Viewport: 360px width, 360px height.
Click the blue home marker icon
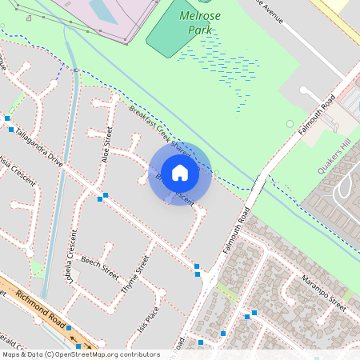coord(180,173)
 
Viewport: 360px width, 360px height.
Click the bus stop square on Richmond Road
coord(69,328)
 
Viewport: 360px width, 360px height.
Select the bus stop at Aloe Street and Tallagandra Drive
coord(105,195)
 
